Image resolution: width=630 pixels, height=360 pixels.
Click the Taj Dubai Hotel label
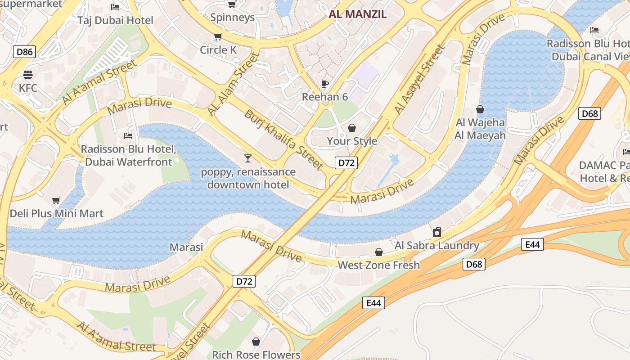[115, 20]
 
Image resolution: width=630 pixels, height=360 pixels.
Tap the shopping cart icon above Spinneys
[232, 4]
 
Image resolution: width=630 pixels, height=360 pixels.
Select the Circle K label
[218, 49]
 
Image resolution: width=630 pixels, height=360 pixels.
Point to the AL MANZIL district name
[357, 14]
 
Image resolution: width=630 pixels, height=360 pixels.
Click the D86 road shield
[24, 52]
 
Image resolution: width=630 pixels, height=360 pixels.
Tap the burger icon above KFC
[28, 75]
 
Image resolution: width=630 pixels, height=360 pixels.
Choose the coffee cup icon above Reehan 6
[325, 84]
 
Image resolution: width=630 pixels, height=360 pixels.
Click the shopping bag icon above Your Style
[352, 128]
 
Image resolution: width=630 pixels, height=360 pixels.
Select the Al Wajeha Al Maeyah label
[480, 129]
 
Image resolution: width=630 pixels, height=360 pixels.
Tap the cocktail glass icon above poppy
[247, 158]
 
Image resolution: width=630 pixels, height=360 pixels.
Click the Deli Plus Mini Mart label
[57, 213]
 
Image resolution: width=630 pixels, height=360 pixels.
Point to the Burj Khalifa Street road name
[283, 139]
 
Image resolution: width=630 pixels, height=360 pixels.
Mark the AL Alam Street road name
[234, 83]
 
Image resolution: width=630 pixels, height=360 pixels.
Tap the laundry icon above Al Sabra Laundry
[436, 233]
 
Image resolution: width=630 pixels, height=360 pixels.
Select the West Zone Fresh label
[378, 265]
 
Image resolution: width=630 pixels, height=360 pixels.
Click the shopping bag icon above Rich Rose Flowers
[256, 342]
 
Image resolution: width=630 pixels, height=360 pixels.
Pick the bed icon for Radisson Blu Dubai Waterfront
[128, 135]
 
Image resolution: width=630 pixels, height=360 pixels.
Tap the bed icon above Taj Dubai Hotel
[115, 7]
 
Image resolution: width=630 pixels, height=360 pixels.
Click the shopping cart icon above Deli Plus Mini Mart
[56, 200]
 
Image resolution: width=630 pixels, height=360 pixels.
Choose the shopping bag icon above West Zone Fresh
[379, 252]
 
